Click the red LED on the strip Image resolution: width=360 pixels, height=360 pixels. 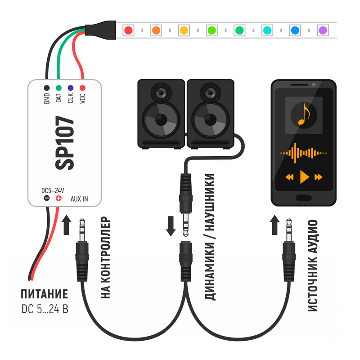[x=128, y=30]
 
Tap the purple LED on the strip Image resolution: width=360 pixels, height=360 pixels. [x=323, y=30]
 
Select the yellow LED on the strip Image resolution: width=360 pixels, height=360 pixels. [x=184, y=30]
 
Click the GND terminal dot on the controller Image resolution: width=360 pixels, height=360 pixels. [x=46, y=88]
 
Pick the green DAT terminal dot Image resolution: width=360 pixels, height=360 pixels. [x=58, y=88]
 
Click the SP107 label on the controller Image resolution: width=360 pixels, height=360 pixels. [x=65, y=143]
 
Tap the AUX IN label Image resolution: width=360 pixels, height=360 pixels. [x=80, y=198]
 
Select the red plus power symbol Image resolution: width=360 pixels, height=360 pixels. [x=58, y=198]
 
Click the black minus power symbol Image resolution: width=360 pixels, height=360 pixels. [x=46, y=198]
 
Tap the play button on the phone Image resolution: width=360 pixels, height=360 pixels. [x=304, y=177]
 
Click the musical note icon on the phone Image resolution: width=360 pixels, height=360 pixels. [x=304, y=114]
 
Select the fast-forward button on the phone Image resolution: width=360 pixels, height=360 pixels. [x=319, y=177]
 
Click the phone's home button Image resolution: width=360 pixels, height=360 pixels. [x=304, y=198]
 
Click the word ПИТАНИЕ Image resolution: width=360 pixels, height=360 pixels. [x=44, y=295]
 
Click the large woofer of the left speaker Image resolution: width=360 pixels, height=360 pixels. [x=161, y=120]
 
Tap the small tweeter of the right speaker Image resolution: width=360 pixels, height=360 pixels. [x=210, y=93]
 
